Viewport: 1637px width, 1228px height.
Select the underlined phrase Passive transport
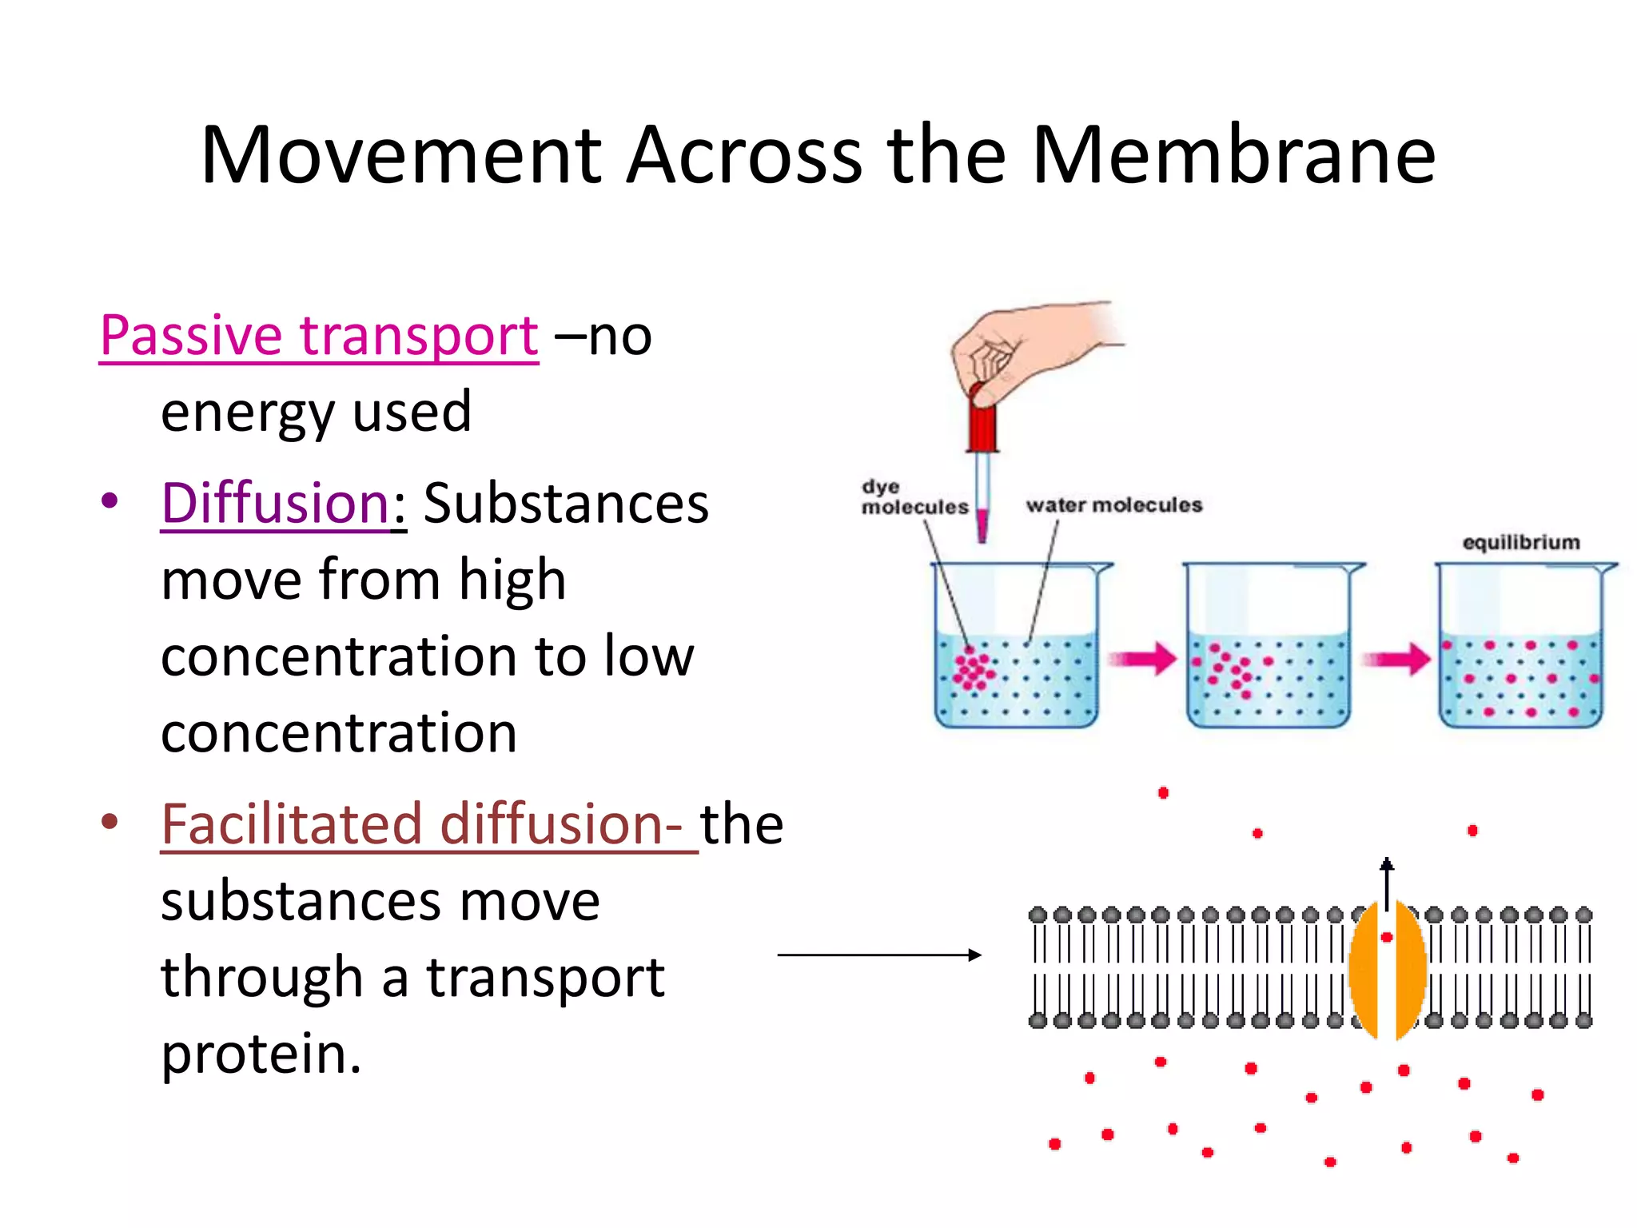pos(319,335)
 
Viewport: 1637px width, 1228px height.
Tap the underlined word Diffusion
pos(275,503)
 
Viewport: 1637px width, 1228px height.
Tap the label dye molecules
pos(914,497)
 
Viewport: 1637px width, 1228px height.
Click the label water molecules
pos(1113,505)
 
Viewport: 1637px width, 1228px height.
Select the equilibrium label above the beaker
pos(1520,543)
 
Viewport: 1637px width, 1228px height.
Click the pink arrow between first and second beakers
pos(1142,659)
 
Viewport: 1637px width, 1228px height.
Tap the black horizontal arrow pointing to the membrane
pos(878,955)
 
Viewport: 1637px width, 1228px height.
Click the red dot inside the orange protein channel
pos(1387,936)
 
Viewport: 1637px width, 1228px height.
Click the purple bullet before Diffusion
pos(110,501)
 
